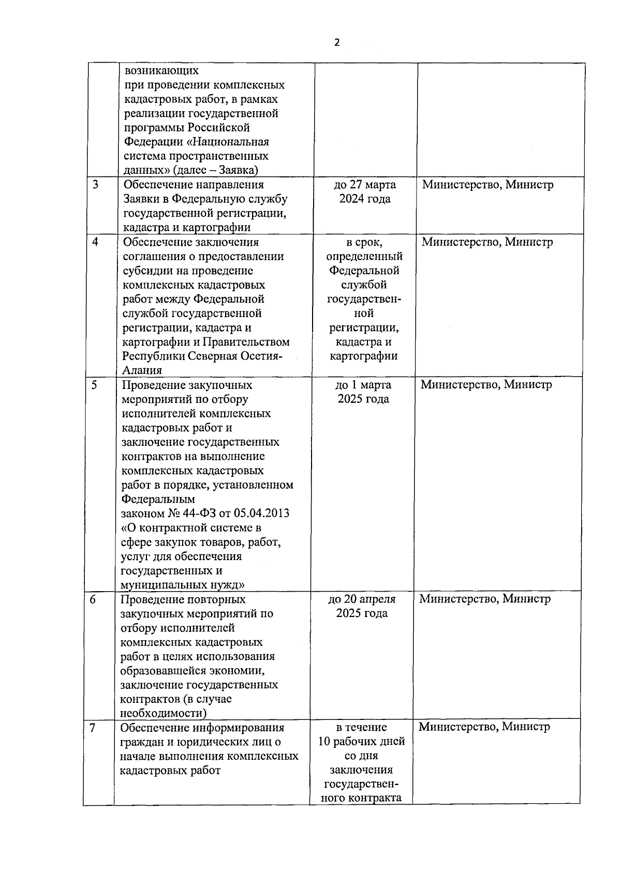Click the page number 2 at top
pos(337,43)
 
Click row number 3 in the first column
pos(96,185)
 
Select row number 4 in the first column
pos(96,242)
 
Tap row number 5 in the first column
pos(95,385)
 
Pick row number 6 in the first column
pos(93,599)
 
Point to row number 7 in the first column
pos(92,728)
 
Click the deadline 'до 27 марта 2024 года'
pos(365,192)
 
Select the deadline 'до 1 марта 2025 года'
pos(363,392)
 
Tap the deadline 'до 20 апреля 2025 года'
pos(362,606)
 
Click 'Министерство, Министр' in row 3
pos(487,185)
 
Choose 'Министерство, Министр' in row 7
pos(484,727)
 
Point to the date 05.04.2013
pos(261,514)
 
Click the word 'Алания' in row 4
pos(142,370)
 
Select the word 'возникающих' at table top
pos(161,70)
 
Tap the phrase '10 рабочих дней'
pos(361,742)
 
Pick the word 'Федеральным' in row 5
pos(158,499)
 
